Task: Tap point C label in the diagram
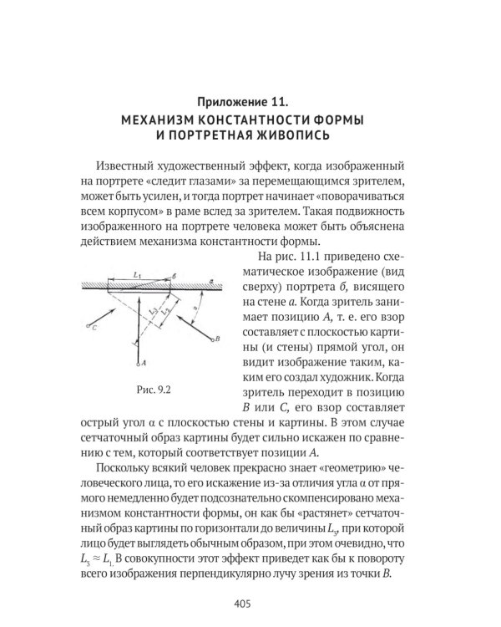coord(95,329)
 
